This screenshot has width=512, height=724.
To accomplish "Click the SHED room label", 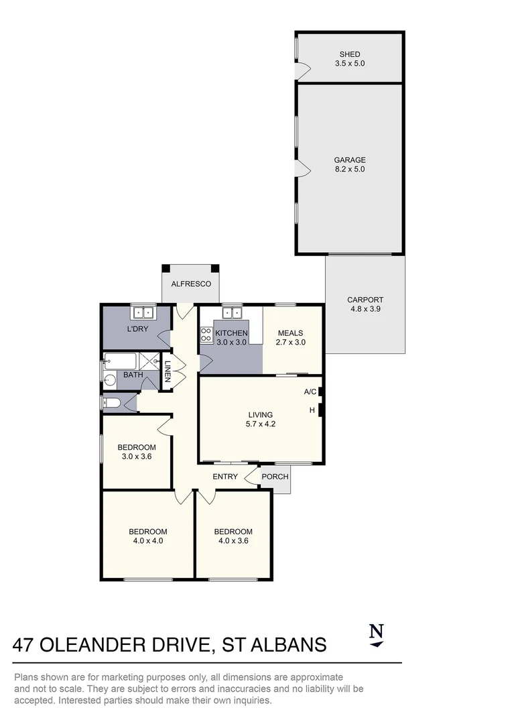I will pyautogui.click(x=350, y=54).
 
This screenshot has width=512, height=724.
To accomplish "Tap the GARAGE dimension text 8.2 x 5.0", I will pyautogui.click(x=350, y=170).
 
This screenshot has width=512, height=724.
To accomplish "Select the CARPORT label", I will pyautogui.click(x=365, y=300).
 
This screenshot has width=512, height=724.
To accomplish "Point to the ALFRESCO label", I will pyautogui.click(x=191, y=284).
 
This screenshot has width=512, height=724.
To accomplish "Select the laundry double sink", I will pyautogui.click(x=143, y=312).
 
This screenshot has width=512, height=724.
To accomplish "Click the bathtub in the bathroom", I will pyautogui.click(x=121, y=362).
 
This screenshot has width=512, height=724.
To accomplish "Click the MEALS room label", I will pyautogui.click(x=290, y=333).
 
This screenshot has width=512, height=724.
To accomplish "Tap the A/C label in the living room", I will pyautogui.click(x=310, y=392).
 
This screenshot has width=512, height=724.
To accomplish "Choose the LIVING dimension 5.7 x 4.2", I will pyautogui.click(x=261, y=424).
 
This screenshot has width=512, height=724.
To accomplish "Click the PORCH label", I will pyautogui.click(x=275, y=477).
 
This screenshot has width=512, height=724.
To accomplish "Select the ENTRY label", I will pyautogui.click(x=225, y=477).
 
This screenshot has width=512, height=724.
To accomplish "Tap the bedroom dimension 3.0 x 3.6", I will pyautogui.click(x=136, y=457).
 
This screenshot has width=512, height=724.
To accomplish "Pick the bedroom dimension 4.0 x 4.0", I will pyautogui.click(x=147, y=541).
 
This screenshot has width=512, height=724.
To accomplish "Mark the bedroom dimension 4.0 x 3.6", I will pyautogui.click(x=233, y=541).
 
